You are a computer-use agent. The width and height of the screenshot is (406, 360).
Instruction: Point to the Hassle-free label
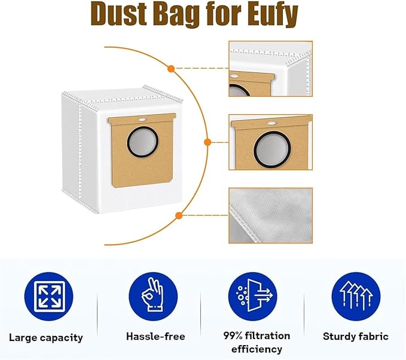(155, 337)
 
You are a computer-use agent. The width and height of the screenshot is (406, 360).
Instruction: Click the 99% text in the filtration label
(229, 335)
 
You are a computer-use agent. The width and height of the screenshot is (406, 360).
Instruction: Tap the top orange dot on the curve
(171, 69)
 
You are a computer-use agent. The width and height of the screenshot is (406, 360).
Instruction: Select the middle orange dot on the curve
(207, 142)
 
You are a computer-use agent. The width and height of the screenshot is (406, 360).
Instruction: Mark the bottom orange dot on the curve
(178, 215)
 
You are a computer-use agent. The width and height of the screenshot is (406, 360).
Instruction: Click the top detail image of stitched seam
(270, 69)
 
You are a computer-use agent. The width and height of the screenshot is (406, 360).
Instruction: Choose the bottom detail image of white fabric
(270, 215)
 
